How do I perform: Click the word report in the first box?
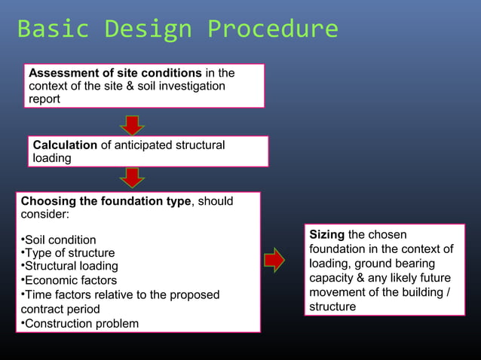[x=44, y=99]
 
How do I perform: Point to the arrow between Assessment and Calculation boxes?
[x=133, y=124]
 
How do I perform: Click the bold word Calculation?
[x=65, y=145]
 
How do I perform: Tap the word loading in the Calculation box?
[x=52, y=158]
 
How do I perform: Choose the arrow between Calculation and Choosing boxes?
[x=133, y=178]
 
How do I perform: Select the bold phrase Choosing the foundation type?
[x=106, y=201]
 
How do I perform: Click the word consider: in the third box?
[x=44, y=215]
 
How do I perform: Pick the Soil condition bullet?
[x=60, y=240]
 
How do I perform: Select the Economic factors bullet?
[x=70, y=280]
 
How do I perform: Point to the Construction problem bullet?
[x=81, y=324]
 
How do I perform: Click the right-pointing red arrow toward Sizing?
[x=274, y=260]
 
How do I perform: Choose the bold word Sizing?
[x=326, y=235]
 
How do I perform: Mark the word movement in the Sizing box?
[x=337, y=292]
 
